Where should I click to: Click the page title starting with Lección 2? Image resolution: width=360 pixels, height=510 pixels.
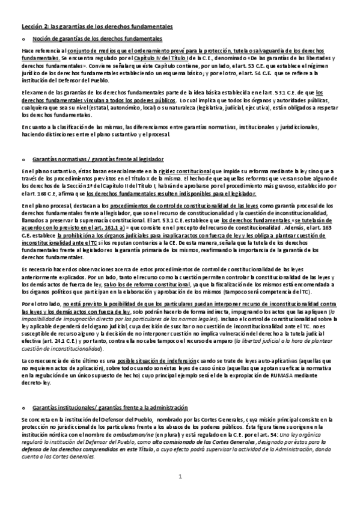pos(97,27)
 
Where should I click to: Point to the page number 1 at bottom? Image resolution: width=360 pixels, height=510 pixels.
pos(180,494)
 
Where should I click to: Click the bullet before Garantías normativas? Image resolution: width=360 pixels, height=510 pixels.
pos(23,160)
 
